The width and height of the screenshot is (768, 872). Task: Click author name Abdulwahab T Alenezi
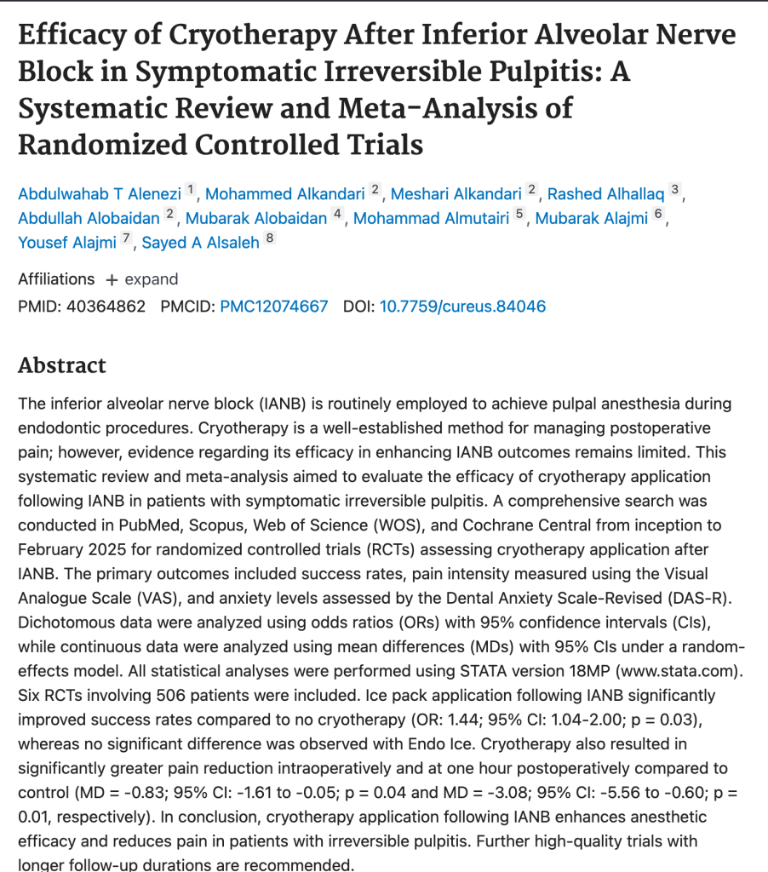point(100,193)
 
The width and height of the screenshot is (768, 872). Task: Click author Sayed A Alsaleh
point(200,243)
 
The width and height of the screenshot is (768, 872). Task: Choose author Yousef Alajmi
point(67,243)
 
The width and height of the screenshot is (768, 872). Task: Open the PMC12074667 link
point(273,306)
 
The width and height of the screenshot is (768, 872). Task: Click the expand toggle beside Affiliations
point(142,279)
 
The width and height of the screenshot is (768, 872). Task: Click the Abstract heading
point(62,365)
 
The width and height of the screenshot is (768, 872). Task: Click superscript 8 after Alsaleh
point(270,238)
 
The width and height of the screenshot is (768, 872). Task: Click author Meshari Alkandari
point(456,193)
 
